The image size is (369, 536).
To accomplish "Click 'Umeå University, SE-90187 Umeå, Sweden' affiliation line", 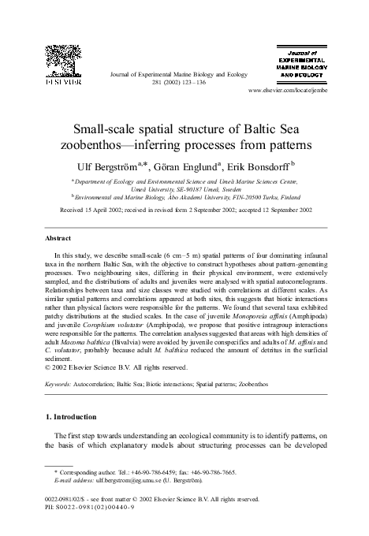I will [184, 190].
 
